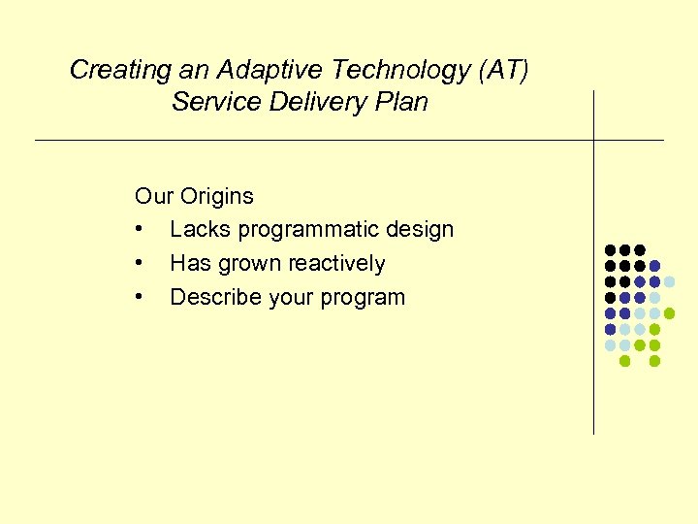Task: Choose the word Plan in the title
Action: (399, 102)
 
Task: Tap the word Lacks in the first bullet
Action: (200, 230)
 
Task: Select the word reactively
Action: (335, 264)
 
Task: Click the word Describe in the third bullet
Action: (213, 298)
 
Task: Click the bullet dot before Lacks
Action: (141, 231)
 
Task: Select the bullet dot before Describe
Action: (141, 298)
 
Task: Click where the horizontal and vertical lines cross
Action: (593, 141)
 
